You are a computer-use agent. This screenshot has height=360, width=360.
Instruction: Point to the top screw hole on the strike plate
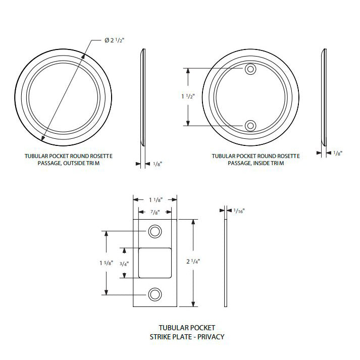(155, 231)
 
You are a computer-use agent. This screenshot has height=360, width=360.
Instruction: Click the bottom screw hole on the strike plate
(155, 294)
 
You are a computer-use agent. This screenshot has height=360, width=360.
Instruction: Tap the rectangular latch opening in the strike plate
(156, 263)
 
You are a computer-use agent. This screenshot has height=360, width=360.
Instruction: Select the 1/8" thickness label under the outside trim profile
(158, 164)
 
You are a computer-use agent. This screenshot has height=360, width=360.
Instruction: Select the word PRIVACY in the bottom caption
(212, 336)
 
